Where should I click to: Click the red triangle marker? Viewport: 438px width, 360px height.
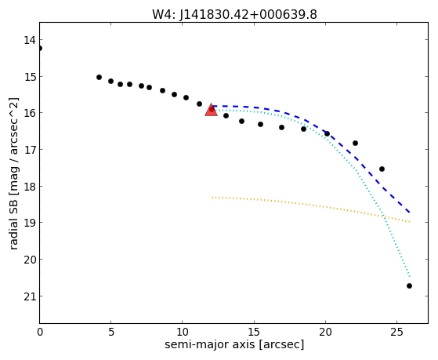pyautogui.click(x=212, y=111)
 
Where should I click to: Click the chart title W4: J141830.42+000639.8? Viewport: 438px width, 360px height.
pyautogui.click(x=234, y=14)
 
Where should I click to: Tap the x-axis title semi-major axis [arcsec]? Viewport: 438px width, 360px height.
pyautogui.click(x=234, y=344)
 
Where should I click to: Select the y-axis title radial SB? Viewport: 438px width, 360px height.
pyautogui.click(x=13, y=222)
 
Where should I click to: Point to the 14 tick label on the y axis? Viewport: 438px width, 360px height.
pyautogui.click(x=30, y=40)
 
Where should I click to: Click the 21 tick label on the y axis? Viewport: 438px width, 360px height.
pyautogui.click(x=30, y=296)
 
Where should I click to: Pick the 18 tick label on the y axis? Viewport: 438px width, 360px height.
pyautogui.click(x=30, y=187)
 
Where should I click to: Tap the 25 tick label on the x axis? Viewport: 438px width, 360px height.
pyautogui.click(x=397, y=332)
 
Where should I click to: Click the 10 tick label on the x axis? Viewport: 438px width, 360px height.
pyautogui.click(x=182, y=332)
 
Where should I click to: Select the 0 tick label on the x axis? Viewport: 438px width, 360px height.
pyautogui.click(x=40, y=332)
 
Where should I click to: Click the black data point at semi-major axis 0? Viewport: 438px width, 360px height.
pyautogui.click(x=40, y=49)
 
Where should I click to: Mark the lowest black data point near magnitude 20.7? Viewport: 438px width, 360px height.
pyautogui.click(x=409, y=285)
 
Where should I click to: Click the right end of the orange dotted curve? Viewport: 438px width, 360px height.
pyautogui.click(x=410, y=222)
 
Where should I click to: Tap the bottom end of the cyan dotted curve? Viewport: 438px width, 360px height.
pyautogui.click(x=410, y=276)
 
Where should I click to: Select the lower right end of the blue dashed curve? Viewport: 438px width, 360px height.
pyautogui.click(x=410, y=213)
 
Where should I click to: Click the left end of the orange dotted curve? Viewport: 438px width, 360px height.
pyautogui.click(x=212, y=198)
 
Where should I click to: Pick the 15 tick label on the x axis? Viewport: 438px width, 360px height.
pyautogui.click(x=254, y=332)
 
